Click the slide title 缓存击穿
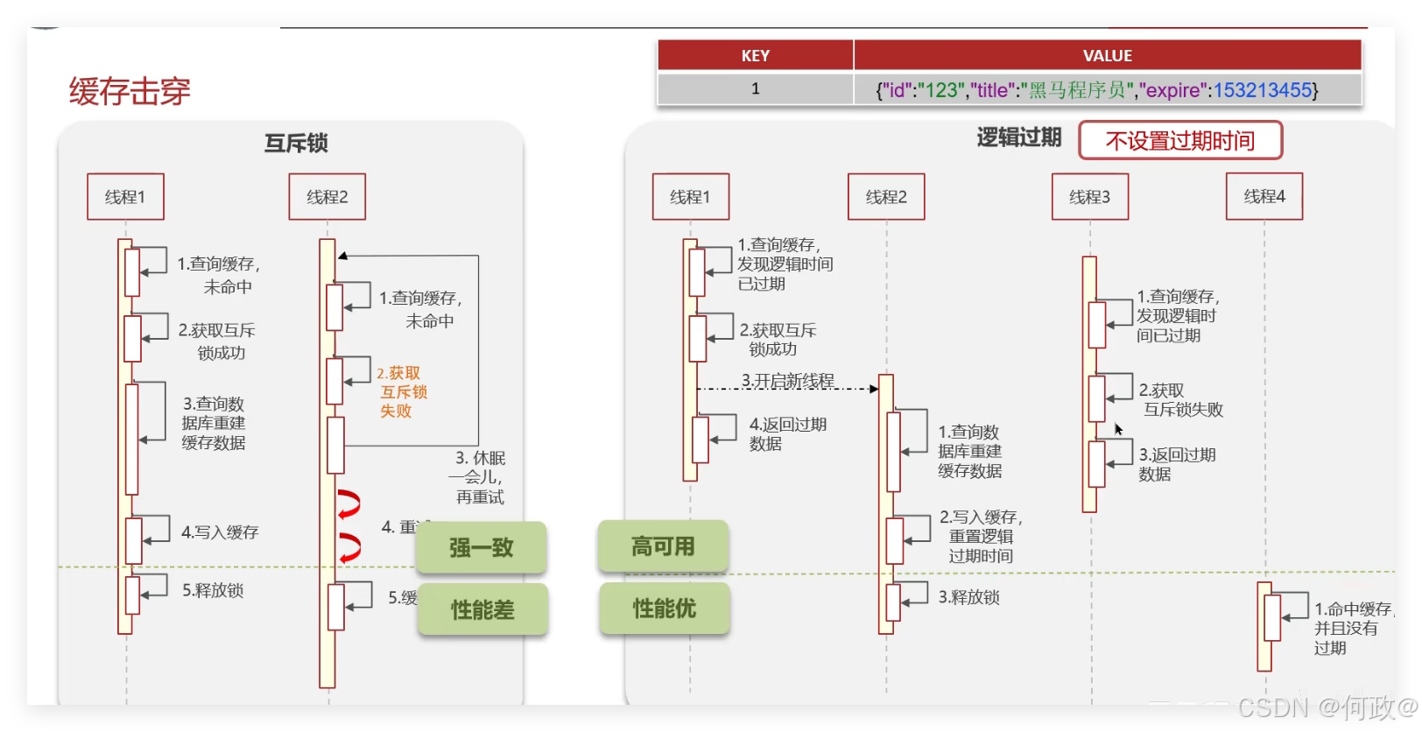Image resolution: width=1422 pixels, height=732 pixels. coord(130,91)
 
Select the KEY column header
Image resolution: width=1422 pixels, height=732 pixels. coord(755,56)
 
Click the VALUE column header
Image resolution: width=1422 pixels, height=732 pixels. coord(1107,56)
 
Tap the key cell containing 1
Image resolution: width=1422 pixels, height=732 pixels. coord(755,89)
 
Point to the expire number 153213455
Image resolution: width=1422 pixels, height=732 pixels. coord(1262,90)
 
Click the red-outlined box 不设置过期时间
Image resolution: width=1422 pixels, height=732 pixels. coord(1179,140)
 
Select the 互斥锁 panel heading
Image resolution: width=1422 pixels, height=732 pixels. coord(296,143)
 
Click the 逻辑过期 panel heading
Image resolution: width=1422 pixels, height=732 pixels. coord(1018,137)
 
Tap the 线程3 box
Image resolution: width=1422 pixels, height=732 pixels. coord(1089,197)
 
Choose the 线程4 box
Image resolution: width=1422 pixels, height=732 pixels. coord(1264,196)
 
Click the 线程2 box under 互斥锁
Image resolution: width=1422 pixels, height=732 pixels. coord(327,197)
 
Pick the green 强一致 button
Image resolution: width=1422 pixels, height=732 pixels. coord(482,548)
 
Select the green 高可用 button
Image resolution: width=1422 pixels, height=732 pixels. coord(663,547)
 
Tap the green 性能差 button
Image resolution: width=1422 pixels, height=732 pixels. coord(482,609)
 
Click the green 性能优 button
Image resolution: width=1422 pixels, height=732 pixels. coord(664,609)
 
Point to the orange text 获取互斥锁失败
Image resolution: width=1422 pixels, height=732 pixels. coord(402,392)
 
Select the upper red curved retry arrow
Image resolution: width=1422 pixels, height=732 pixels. coord(349,504)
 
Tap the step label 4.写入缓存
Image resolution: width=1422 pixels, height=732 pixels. coord(220,532)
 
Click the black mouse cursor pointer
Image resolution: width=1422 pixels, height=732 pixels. coord(1118,429)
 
